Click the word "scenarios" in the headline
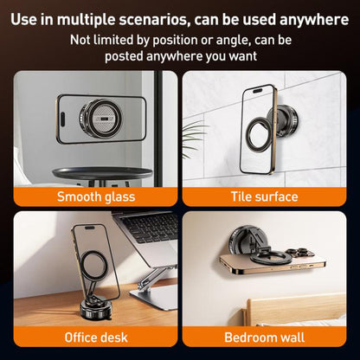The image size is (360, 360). (154, 20)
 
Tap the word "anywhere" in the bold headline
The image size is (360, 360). (314, 20)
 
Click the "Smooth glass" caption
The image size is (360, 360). (96, 196)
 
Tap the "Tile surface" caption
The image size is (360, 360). (264, 196)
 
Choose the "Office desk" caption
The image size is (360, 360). (96, 337)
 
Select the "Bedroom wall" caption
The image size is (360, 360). (264, 337)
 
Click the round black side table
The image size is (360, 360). (102, 174)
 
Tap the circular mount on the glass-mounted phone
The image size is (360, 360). (100, 118)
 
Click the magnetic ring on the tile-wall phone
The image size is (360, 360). (258, 132)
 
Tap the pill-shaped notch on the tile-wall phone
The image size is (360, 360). (258, 91)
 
